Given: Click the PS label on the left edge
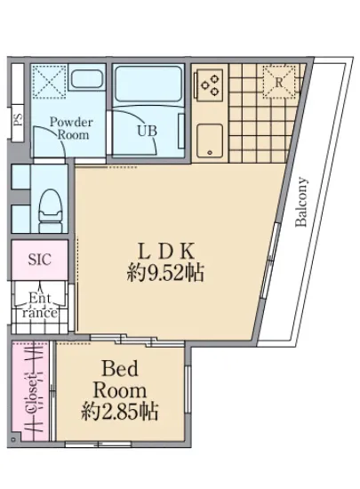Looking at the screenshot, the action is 19,119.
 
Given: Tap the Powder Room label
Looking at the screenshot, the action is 71,128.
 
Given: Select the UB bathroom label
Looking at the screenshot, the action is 148,131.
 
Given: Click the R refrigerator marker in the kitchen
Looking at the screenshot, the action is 279,83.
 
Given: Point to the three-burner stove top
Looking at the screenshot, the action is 208,85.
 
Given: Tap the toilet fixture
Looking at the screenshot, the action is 51,211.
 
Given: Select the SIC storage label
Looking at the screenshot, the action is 40,259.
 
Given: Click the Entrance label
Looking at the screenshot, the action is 40,305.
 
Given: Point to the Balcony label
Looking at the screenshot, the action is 301,202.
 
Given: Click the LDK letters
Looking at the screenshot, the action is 166,252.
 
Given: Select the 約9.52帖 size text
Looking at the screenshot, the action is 165,273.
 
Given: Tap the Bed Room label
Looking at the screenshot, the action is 120,380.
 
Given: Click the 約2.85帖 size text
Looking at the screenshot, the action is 119,412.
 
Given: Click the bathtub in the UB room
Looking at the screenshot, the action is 148,84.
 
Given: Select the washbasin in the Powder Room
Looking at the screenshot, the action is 86,79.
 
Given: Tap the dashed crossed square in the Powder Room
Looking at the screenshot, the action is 50,82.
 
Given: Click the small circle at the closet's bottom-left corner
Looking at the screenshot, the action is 13,439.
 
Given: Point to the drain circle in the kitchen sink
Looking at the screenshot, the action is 210,153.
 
